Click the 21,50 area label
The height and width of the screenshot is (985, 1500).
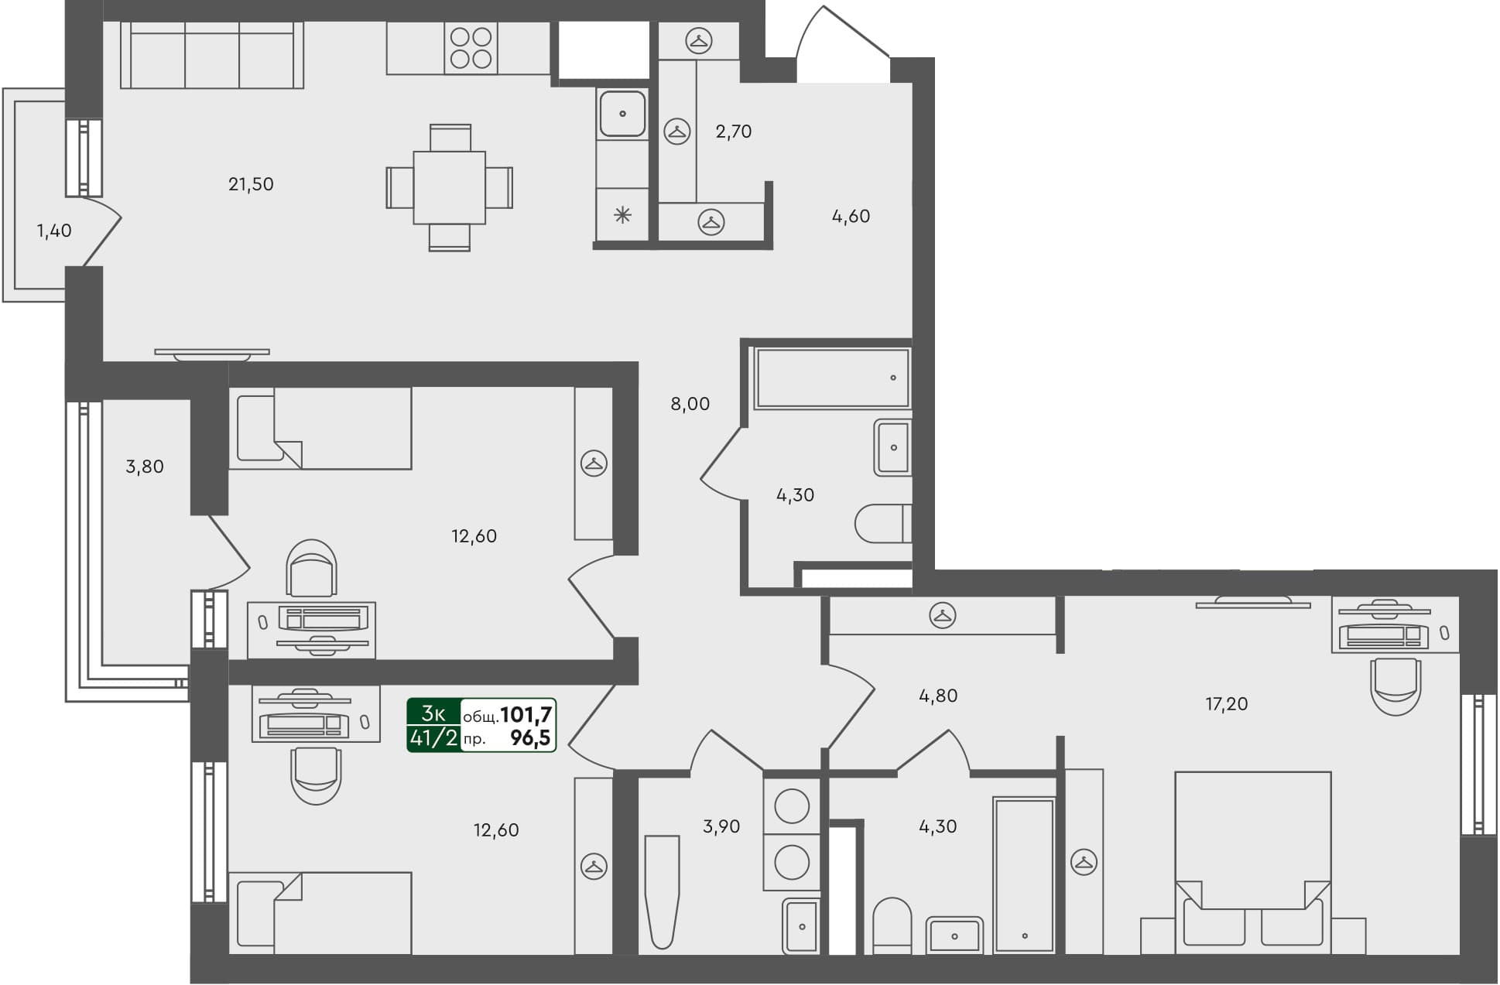251,184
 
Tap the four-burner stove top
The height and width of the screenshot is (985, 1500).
471,48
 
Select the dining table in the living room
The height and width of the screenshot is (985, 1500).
449,187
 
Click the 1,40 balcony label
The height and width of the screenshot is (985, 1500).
54,231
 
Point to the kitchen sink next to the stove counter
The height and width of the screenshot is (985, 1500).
622,114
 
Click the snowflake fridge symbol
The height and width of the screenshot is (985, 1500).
622,215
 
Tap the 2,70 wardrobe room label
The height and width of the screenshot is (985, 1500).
733,132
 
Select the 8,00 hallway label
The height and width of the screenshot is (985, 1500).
690,404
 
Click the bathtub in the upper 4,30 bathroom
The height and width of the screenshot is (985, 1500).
831,378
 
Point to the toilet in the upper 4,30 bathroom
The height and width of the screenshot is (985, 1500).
882,524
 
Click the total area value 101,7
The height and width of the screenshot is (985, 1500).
526,714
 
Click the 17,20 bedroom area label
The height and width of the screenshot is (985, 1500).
1226,704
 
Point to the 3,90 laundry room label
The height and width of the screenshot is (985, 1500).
721,826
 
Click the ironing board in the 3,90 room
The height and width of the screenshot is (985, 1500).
662,890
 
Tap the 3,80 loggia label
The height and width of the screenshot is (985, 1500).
145,467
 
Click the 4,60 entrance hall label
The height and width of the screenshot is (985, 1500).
851,217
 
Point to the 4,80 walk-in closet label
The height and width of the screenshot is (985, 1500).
938,696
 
